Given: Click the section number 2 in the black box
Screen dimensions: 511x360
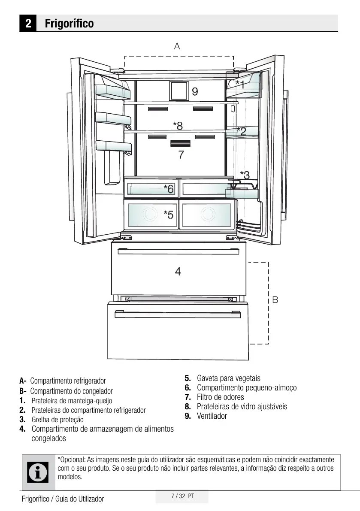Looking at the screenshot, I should (x=28, y=23).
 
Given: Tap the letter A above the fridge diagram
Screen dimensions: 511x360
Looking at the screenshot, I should (x=177, y=46).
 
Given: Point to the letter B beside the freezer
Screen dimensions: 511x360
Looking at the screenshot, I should (x=275, y=300).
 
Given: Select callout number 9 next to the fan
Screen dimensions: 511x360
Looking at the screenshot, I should (x=195, y=91).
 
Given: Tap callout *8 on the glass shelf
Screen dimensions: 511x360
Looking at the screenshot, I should (x=178, y=125).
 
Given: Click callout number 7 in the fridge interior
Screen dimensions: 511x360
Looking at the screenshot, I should (x=181, y=155).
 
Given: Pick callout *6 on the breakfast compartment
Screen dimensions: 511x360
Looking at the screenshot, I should (x=168, y=188).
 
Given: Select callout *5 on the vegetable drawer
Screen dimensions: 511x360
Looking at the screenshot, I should (x=168, y=214).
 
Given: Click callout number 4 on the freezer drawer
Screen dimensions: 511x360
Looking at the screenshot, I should (x=178, y=271).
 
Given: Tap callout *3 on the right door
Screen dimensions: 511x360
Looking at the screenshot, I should (x=245, y=175).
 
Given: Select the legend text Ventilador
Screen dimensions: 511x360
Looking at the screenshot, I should (x=212, y=416).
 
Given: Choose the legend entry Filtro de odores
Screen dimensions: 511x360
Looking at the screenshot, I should (x=220, y=397).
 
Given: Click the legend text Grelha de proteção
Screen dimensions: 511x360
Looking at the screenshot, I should (x=57, y=420).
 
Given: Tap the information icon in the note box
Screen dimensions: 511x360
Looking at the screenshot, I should (x=37, y=472).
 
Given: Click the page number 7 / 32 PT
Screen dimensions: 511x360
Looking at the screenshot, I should (x=182, y=496).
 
